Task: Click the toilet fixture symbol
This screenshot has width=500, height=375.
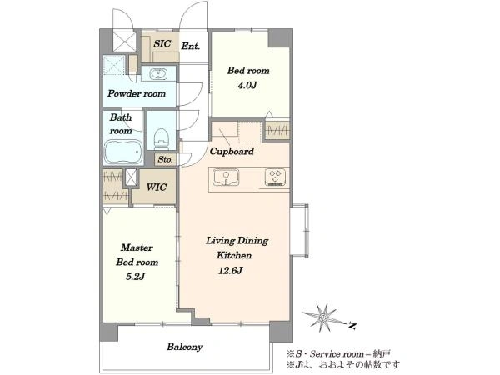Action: pos(162,138)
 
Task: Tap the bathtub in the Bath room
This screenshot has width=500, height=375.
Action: pos(123,152)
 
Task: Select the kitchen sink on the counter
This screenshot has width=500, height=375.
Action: pos(226,177)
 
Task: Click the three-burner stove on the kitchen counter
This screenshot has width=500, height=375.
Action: pos(275,177)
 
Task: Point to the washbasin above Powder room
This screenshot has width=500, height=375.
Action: pos(158,74)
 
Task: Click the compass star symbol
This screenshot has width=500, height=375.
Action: pos(323,317)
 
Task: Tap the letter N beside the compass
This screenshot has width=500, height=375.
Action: pos(352,326)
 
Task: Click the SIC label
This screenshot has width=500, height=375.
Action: pos(162,43)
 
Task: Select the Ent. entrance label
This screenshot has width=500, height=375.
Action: pos(191,46)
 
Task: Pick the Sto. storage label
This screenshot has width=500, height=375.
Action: pos(165,159)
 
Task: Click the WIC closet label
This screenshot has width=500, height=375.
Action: pos(157,187)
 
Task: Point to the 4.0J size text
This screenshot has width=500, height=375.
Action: pos(247,86)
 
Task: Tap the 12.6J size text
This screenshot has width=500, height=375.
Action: pos(230,271)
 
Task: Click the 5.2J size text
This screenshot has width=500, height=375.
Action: pos(135,277)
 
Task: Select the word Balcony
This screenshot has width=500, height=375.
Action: pos(185,347)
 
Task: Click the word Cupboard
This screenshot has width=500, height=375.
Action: pos(232,151)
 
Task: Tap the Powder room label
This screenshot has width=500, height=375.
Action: pos(137,93)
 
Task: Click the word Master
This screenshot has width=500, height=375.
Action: pos(137,247)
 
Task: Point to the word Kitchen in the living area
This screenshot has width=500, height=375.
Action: pos(234,255)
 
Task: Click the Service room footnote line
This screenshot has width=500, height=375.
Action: pos(338,353)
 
